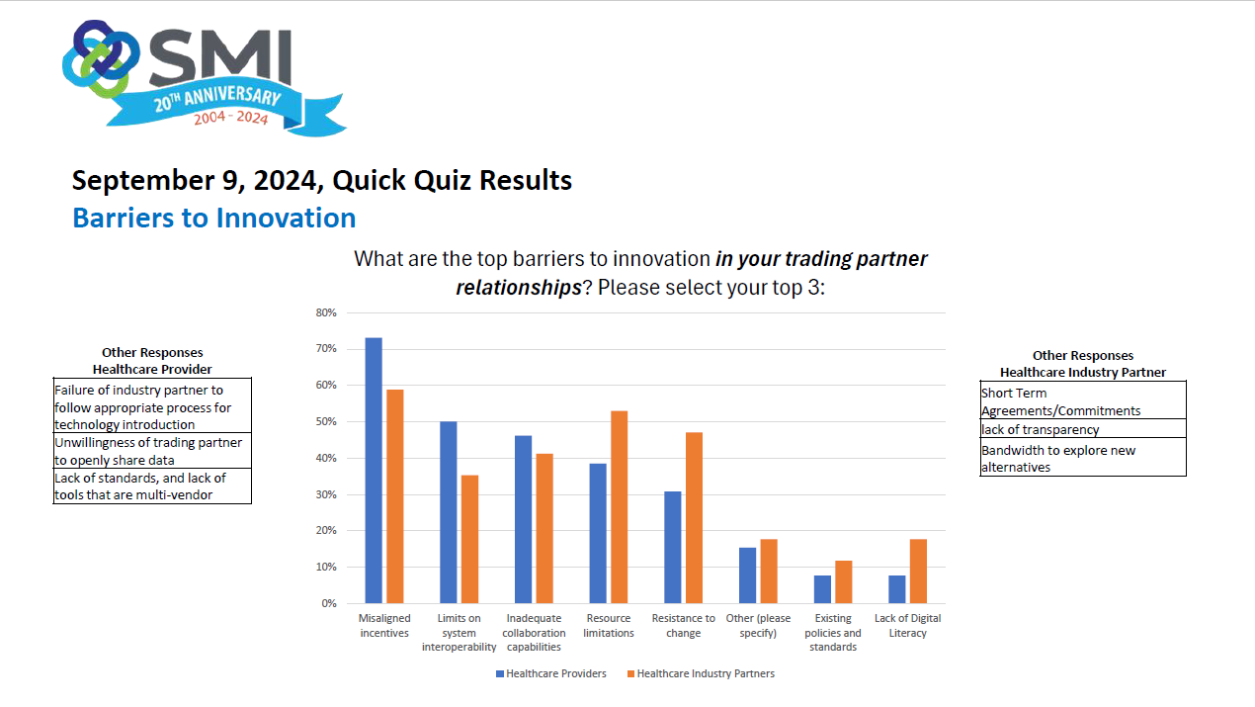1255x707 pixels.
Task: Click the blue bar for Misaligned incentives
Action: (x=374, y=471)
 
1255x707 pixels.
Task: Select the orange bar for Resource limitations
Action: (x=619, y=507)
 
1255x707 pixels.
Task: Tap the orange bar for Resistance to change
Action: (x=694, y=518)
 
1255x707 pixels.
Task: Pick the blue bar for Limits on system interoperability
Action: (x=449, y=512)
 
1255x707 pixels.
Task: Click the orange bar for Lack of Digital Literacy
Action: (x=918, y=572)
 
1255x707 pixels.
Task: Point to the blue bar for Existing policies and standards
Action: (x=822, y=589)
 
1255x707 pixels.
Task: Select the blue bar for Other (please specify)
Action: (x=747, y=575)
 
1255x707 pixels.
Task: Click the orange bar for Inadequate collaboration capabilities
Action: (x=544, y=529)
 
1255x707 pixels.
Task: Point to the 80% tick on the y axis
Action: (x=326, y=312)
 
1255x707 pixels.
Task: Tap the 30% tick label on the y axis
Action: (x=326, y=494)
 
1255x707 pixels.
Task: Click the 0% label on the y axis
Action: (x=329, y=603)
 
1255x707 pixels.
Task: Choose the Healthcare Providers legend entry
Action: (x=551, y=673)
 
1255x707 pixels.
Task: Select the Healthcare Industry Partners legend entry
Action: (x=701, y=673)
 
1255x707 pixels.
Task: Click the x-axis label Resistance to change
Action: (x=684, y=625)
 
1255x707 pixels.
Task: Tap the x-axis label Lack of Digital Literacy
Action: (x=907, y=625)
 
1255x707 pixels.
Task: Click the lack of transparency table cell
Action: (x=1083, y=429)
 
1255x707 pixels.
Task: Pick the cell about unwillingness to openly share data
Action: (x=152, y=451)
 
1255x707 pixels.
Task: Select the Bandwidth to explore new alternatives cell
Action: (x=1083, y=458)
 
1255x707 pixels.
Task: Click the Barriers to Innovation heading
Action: (x=214, y=218)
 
